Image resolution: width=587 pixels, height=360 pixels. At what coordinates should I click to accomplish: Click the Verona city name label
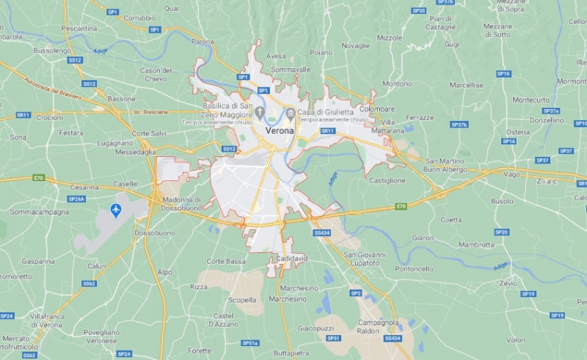click(x=279, y=131)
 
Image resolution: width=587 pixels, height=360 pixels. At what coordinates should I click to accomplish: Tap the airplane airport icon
click(x=115, y=210)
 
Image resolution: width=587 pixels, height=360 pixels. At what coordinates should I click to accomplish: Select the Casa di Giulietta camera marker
click(x=291, y=113)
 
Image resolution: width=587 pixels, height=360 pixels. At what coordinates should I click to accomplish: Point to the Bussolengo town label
click(x=53, y=51)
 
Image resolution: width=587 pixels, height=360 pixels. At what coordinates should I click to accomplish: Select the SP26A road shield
click(x=76, y=199)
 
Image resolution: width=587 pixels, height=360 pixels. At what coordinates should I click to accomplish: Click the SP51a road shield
click(x=250, y=342)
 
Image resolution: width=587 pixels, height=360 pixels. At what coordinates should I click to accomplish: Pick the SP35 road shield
click(x=418, y=11)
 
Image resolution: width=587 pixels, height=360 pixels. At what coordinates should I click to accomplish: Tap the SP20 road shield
click(x=501, y=232)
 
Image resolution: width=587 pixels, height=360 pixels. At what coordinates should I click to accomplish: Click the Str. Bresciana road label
click(x=150, y=112)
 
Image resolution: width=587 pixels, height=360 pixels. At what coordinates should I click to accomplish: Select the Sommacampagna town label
click(x=40, y=212)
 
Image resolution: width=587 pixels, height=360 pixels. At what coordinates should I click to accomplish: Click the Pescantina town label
click(x=79, y=28)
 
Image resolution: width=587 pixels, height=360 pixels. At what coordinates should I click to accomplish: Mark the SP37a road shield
click(x=551, y=111)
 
